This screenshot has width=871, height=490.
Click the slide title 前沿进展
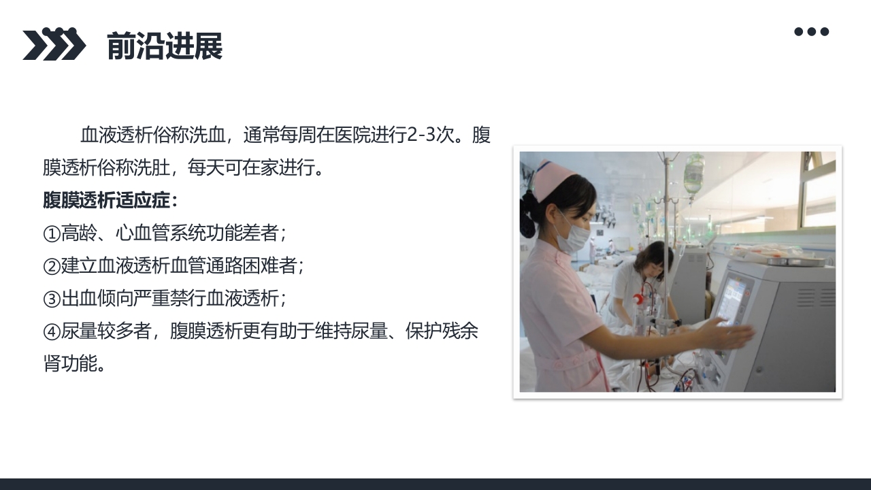(165, 46)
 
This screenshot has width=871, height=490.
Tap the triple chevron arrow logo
(54, 44)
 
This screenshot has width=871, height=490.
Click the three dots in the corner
(811, 31)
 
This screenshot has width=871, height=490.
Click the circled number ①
(52, 234)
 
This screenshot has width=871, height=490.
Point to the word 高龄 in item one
(79, 234)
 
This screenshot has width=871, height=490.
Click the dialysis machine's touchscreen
(732, 300)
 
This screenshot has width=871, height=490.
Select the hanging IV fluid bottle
(693, 174)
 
